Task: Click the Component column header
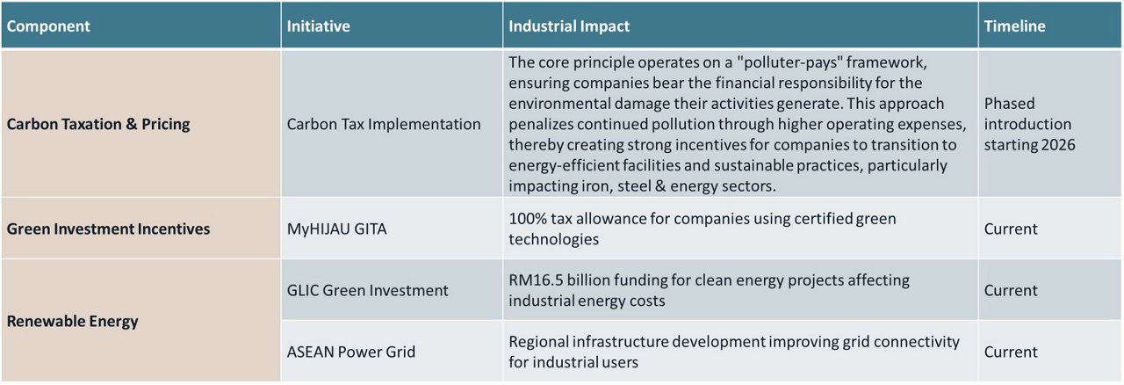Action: tap(48, 26)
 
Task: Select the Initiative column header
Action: tap(318, 26)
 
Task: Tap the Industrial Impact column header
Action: tap(569, 26)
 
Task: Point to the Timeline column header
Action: tap(1014, 26)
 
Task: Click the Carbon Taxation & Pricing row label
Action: tap(98, 124)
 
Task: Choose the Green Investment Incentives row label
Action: tap(108, 229)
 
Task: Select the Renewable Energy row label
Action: tap(72, 321)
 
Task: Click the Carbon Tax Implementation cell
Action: tap(384, 124)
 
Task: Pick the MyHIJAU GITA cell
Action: tap(337, 229)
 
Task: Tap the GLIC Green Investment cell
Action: tap(368, 290)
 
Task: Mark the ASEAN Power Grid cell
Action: tap(351, 352)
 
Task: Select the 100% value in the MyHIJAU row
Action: tap(527, 219)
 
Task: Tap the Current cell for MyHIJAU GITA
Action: tap(1011, 229)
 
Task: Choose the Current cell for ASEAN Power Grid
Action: tap(1011, 352)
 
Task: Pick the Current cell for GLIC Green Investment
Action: tap(1011, 290)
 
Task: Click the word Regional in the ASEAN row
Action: tap(540, 342)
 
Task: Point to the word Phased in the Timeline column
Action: tap(1010, 103)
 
